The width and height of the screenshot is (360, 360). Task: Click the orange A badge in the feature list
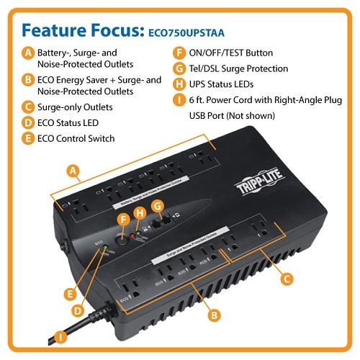pyautogui.click(x=27, y=53)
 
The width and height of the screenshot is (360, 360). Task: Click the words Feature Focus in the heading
pyautogui.click(x=80, y=29)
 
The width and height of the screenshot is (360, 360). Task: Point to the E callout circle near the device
pyautogui.click(x=70, y=293)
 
